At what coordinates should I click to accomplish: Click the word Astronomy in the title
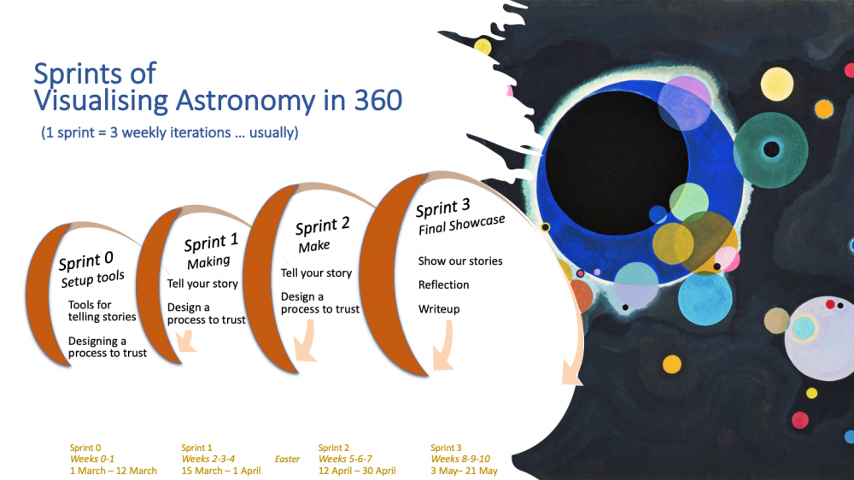click(x=245, y=102)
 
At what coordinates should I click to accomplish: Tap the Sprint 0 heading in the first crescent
click(x=86, y=260)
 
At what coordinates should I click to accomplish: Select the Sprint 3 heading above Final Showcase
click(x=442, y=208)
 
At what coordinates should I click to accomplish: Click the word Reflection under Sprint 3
click(x=443, y=284)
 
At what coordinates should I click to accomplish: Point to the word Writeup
click(x=439, y=309)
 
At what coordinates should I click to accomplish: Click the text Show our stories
click(x=460, y=261)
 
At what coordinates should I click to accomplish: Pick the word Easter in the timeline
click(x=287, y=460)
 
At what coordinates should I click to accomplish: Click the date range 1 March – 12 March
click(x=114, y=471)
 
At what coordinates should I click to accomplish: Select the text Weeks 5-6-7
click(x=345, y=459)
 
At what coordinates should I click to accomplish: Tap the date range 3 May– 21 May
click(x=464, y=471)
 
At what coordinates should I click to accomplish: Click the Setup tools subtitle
click(x=92, y=279)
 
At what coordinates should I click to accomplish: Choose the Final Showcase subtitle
click(x=461, y=225)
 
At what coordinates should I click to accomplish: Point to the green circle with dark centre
click(x=770, y=149)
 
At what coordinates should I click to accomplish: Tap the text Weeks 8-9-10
click(x=460, y=459)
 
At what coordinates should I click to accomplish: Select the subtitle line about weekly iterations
click(x=170, y=133)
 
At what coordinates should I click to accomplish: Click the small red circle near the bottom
click(x=799, y=420)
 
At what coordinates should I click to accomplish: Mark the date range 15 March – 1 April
click(x=221, y=471)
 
